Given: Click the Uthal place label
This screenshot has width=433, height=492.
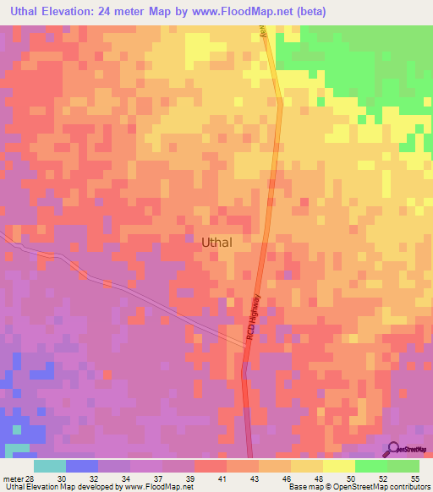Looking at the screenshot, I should coord(218,242).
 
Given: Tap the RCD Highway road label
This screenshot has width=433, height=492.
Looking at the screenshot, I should coord(255,316).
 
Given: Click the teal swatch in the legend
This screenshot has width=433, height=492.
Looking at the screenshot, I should coord(50,467).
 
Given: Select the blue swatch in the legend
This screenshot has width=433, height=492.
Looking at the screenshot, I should coord(82,467).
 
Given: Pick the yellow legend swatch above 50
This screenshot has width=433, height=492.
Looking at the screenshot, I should coord(339,467).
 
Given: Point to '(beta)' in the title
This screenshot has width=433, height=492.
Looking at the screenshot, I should coord(307,12).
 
